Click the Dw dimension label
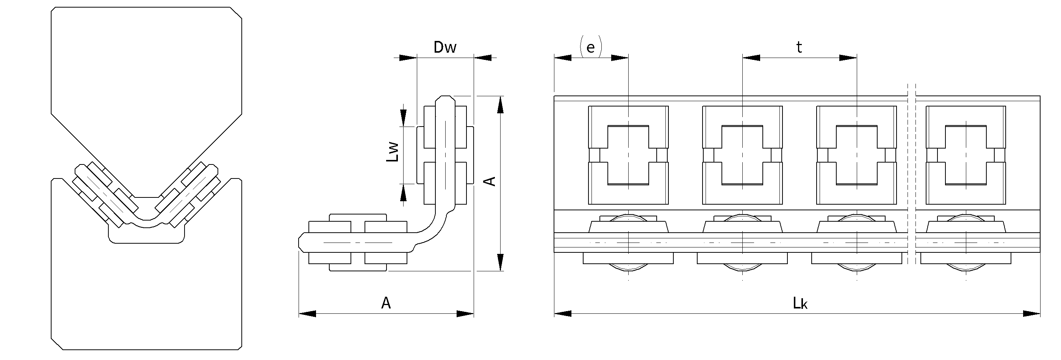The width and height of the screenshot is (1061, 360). pos(445,47)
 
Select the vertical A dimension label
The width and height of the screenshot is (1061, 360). pos(490,181)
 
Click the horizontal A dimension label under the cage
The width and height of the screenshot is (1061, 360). pos(385,303)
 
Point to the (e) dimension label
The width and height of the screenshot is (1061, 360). pos(591,47)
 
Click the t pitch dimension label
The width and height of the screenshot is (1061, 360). pos(799,47)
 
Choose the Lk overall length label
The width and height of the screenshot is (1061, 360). pos(800,304)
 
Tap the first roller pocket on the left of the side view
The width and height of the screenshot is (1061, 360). pos(628,155)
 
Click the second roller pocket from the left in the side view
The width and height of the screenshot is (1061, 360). pos(742,155)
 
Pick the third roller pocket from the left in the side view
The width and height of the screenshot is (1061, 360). pos(856,155)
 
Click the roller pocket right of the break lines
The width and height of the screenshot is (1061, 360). pos(966,155)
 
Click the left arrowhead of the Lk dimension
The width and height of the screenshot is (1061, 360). pos(563,314)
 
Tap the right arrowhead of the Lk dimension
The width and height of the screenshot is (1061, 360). pos(1032,314)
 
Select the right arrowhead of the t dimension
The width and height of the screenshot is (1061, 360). pos(848,58)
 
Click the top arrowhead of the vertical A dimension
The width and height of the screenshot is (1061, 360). pos(501,105)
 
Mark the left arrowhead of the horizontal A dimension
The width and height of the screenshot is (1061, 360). pos(307,314)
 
